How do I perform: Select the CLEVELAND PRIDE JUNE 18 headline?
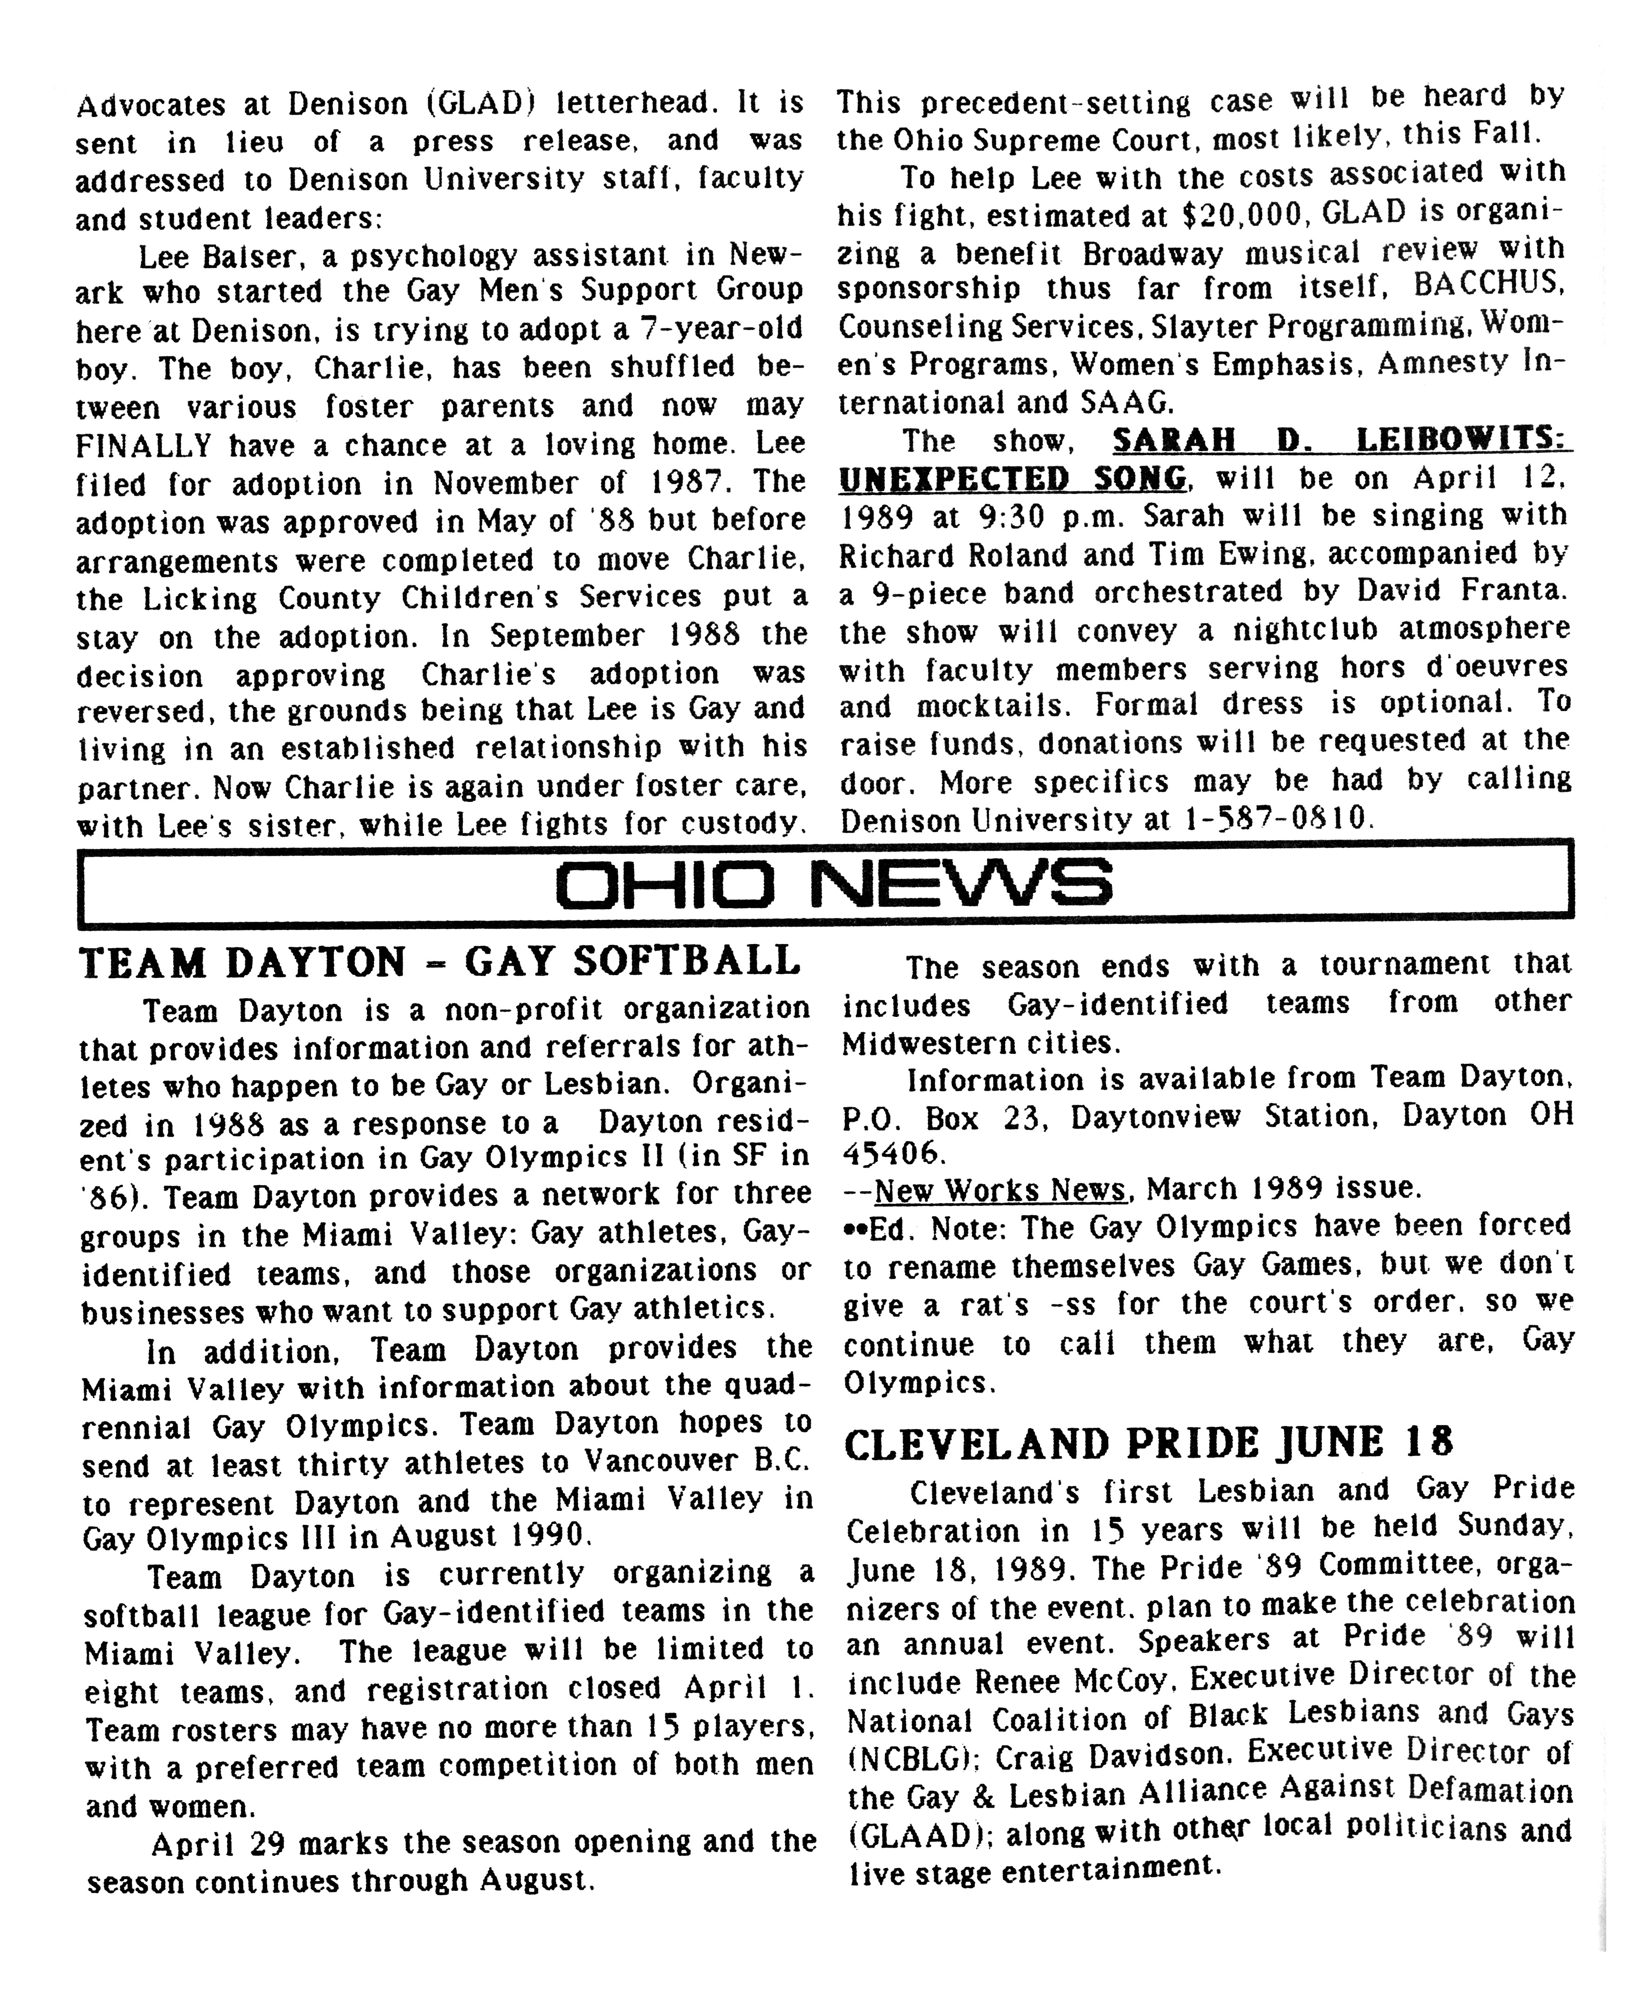pyautogui.click(x=1148, y=1444)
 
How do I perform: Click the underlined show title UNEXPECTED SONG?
pyautogui.click(x=1012, y=478)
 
